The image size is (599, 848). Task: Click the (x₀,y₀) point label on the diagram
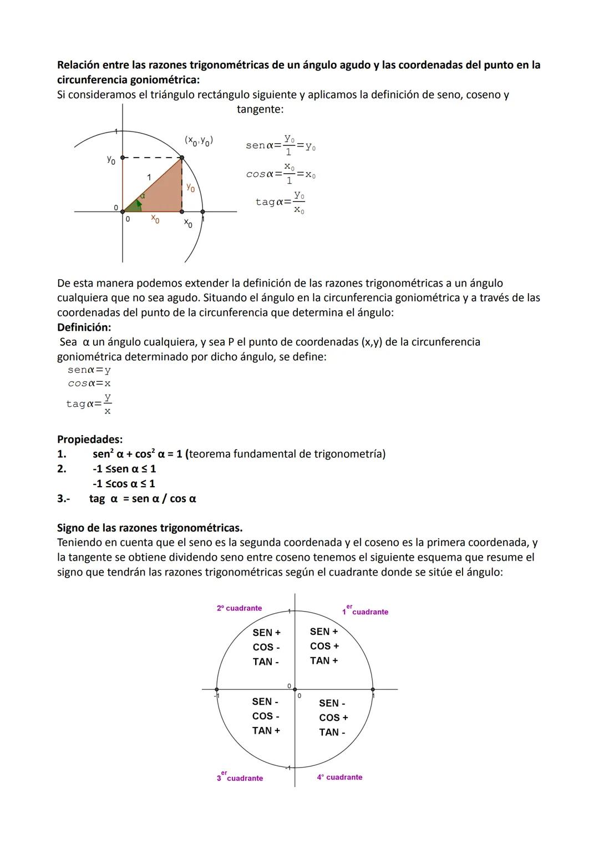click(x=199, y=140)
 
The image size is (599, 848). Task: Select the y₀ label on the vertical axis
click(x=111, y=160)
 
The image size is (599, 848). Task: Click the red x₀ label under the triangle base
click(x=155, y=220)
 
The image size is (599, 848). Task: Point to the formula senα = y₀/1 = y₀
click(x=281, y=145)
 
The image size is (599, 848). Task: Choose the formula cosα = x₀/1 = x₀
click(x=281, y=174)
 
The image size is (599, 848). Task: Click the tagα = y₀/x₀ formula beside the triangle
click(x=281, y=202)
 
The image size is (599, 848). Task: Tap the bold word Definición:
click(x=84, y=327)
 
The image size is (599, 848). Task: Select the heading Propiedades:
click(x=90, y=439)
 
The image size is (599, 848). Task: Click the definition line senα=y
click(x=89, y=370)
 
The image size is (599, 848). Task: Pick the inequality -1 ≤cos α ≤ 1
click(x=124, y=483)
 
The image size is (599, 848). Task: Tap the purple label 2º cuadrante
click(x=239, y=608)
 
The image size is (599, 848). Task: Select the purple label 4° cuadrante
click(x=339, y=777)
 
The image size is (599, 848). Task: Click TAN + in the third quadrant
click(x=266, y=730)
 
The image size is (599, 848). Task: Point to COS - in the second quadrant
click(x=266, y=647)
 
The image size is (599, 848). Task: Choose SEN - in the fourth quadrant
click(x=332, y=703)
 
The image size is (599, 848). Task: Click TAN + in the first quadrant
click(x=324, y=660)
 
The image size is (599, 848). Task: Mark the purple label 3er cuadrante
click(x=240, y=778)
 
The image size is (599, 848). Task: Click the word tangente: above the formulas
click(x=260, y=109)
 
